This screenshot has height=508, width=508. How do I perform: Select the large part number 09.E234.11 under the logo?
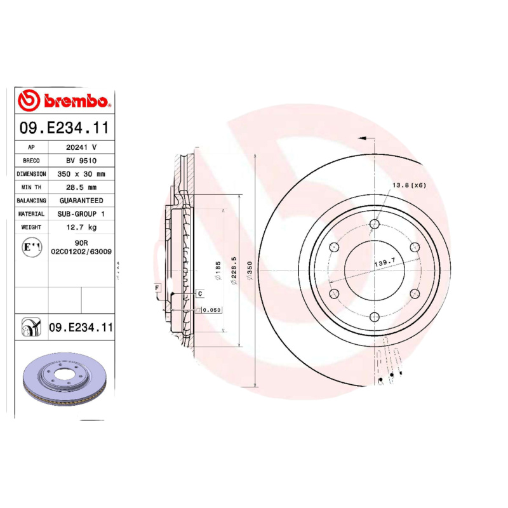pyautogui.click(x=63, y=128)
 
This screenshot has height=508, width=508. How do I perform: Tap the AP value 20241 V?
pyautogui.click(x=81, y=147)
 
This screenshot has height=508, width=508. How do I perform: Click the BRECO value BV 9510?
pyautogui.click(x=81, y=160)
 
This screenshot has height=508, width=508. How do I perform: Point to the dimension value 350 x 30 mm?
pyautogui.click(x=81, y=173)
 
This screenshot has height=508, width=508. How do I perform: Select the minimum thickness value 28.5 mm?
pyautogui.click(x=81, y=187)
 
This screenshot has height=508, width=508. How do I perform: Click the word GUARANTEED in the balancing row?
pyautogui.click(x=81, y=201)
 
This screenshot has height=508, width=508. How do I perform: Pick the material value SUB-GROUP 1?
pyautogui.click(x=81, y=214)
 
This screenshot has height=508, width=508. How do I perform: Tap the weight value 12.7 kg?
pyautogui.click(x=81, y=227)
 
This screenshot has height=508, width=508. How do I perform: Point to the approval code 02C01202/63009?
pyautogui.click(x=81, y=251)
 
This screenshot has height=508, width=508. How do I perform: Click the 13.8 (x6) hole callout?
pyautogui.click(x=408, y=185)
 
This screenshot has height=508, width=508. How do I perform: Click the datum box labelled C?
pyautogui.click(x=199, y=293)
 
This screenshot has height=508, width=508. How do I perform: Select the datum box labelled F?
pyautogui.click(x=156, y=289)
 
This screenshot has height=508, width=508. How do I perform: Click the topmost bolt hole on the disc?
pyautogui.click(x=374, y=224)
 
